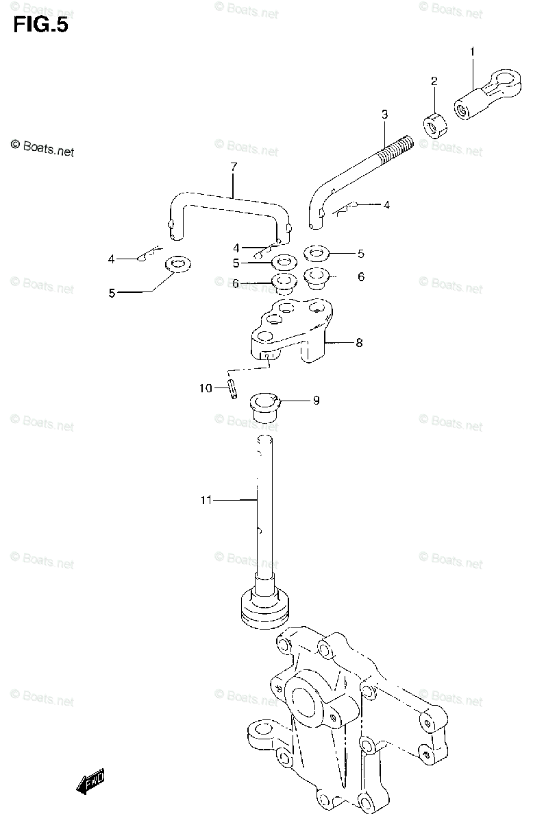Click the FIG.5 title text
pyautogui.click(x=40, y=25)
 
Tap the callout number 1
pyautogui.click(x=471, y=51)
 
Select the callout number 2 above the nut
pyautogui.click(x=434, y=82)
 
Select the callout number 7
pyautogui.click(x=233, y=167)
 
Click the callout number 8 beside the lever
pyautogui.click(x=359, y=343)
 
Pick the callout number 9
pyautogui.click(x=316, y=401)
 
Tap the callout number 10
pyautogui.click(x=206, y=389)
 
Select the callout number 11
pyautogui.click(x=206, y=501)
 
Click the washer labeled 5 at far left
pyautogui.click(x=177, y=263)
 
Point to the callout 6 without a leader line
pyautogui.click(x=361, y=277)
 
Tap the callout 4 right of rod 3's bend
pyautogui.click(x=386, y=205)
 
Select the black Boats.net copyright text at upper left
pyautogui.click(x=42, y=147)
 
